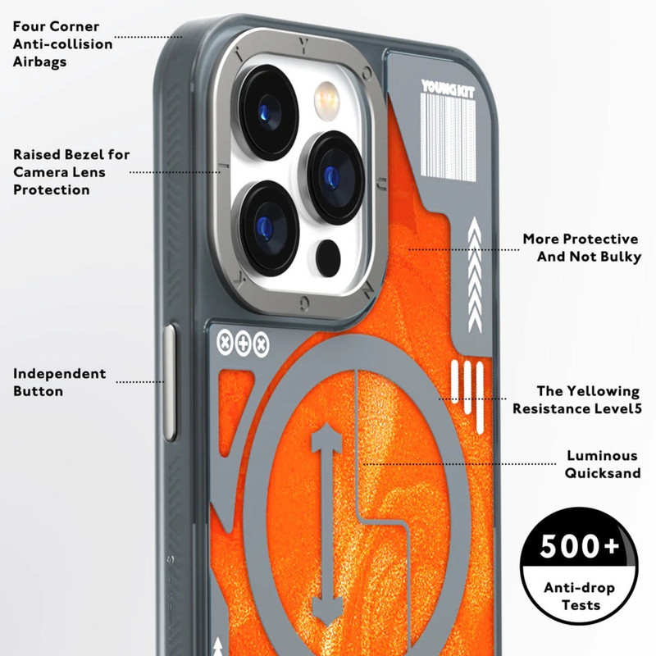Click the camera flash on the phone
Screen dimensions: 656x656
(326, 101)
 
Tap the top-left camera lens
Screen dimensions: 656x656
(267, 112)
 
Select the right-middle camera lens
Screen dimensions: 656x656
(333, 177)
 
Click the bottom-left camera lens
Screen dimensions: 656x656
(267, 228)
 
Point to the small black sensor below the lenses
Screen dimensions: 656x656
(328, 257)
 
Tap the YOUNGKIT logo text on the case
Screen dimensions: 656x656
(448, 89)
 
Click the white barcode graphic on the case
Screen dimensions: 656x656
(448, 137)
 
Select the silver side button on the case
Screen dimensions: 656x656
(170, 382)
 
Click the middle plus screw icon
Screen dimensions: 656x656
(243, 344)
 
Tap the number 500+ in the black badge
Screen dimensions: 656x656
(579, 546)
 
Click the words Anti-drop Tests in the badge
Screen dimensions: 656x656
(580, 596)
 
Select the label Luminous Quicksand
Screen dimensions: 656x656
(603, 464)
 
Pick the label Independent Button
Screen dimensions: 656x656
(59, 382)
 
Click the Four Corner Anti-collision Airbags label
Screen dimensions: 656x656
(63, 44)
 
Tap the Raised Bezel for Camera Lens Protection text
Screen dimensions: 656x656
(71, 172)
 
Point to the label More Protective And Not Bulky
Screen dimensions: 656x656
(582, 248)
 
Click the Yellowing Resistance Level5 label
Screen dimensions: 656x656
(577, 399)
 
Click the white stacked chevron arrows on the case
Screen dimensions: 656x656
(475, 275)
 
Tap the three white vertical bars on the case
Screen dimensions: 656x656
(467, 395)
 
